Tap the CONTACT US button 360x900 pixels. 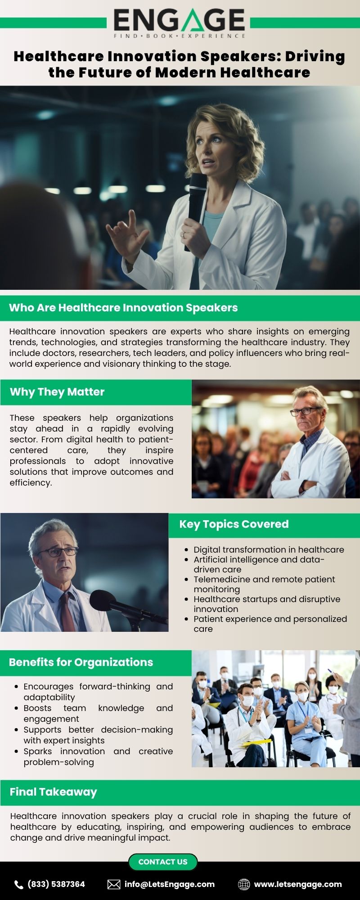(163, 862)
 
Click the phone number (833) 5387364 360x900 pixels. (56, 884)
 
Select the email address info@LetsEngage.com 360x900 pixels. (170, 884)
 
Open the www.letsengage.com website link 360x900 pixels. (298, 884)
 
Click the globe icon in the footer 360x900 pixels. (244, 884)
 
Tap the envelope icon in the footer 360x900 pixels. (114, 884)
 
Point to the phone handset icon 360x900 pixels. (19, 885)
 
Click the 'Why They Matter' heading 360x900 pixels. (57, 392)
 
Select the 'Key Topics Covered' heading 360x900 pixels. (234, 524)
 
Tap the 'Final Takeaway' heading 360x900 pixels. (54, 792)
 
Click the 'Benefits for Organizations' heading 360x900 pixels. (81, 662)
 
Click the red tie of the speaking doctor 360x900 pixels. (67, 612)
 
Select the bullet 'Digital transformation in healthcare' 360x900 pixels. (269, 549)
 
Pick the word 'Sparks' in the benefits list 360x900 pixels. (38, 751)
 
